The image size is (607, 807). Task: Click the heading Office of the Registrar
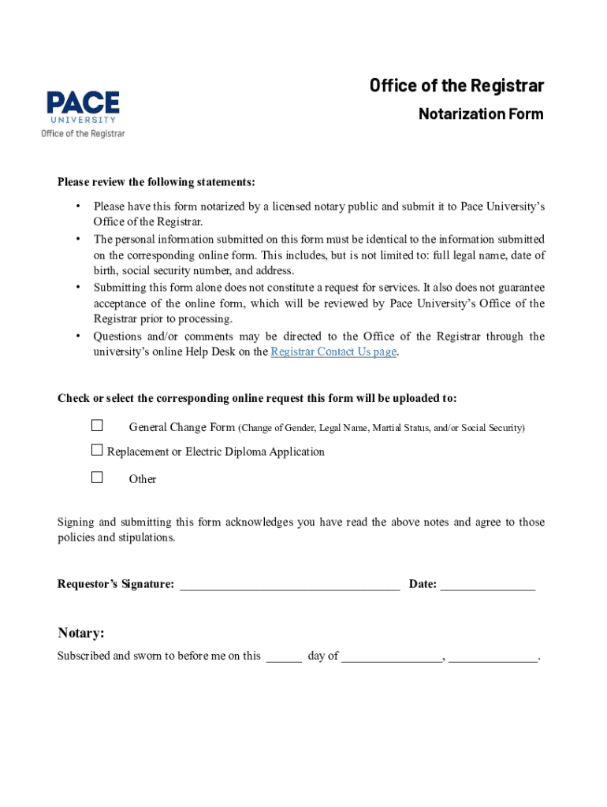click(456, 86)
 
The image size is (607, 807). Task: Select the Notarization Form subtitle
click(480, 114)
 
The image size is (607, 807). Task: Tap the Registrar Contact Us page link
click(333, 352)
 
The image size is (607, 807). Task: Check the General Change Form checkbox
click(97, 426)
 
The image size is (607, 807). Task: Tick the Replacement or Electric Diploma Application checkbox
click(97, 451)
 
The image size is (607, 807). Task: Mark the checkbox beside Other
click(97, 477)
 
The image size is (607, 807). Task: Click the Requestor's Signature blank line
click(289, 586)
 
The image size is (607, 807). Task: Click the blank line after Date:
click(487, 586)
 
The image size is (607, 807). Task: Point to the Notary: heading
click(81, 634)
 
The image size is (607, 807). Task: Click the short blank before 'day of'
click(284, 657)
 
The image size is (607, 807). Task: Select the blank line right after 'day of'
click(392, 657)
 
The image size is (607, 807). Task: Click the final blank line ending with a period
click(493, 657)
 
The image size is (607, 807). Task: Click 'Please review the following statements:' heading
click(156, 183)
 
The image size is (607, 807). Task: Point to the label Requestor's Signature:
click(116, 585)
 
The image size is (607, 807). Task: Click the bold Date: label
click(423, 585)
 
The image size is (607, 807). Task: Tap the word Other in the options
click(143, 479)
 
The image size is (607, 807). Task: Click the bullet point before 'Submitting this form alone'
click(78, 288)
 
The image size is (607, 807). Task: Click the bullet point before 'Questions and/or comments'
click(78, 337)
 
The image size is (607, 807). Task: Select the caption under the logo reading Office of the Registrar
click(83, 134)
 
